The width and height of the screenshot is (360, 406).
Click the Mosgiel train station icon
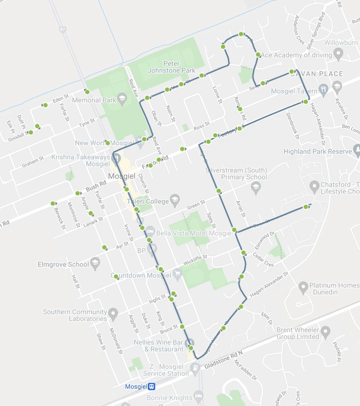pyautogui.click(x=151, y=386)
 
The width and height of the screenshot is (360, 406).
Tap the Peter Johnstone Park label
pyautogui.click(x=171, y=67)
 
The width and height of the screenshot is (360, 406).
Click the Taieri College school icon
pyautogui.click(x=174, y=201)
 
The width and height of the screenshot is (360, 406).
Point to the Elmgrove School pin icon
pyautogui.click(x=96, y=264)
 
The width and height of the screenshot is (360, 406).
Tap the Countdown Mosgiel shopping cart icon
pyautogui.click(x=177, y=274)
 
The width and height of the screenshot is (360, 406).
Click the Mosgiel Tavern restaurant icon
pyautogui.click(x=324, y=91)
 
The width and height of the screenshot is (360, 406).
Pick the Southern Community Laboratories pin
pyautogui.click(x=113, y=314)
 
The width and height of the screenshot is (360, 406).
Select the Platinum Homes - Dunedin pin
pyautogui.click(x=303, y=288)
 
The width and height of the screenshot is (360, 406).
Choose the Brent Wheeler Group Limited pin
pyautogui.click(x=325, y=332)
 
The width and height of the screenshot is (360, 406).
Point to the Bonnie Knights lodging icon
pyautogui.click(x=198, y=397)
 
